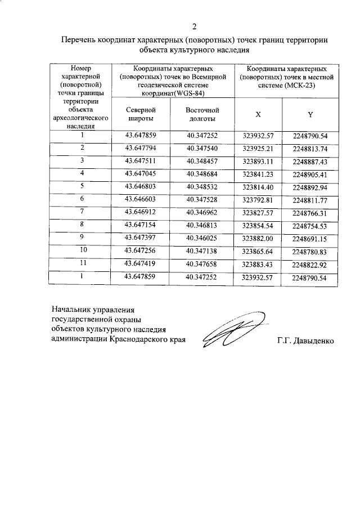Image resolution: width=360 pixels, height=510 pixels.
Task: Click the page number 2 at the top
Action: point(194,26)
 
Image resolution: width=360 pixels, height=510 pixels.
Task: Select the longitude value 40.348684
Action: point(201,173)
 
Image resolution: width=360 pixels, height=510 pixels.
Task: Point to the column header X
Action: point(258,114)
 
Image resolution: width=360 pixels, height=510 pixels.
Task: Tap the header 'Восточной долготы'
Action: point(201,115)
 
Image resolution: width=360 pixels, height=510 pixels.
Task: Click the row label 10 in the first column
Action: point(83,250)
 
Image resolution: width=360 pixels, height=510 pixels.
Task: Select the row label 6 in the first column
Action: point(83,199)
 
